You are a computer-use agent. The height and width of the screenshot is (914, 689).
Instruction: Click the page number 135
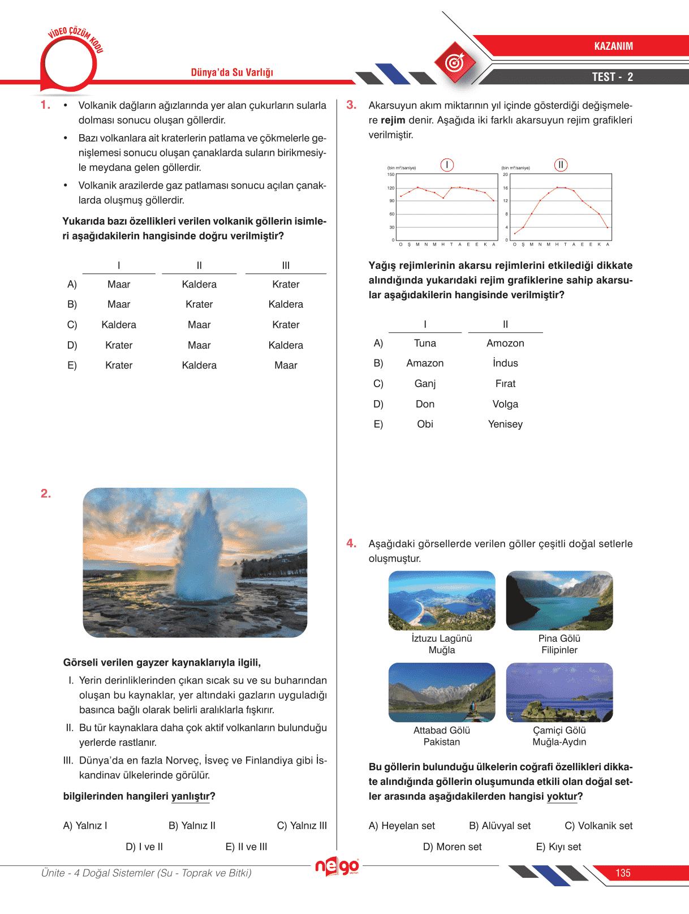point(623,873)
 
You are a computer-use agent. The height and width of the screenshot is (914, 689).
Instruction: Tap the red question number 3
point(351,105)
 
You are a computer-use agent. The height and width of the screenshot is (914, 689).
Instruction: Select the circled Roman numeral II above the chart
point(561,165)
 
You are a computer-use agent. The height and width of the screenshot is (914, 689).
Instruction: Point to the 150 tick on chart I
point(391,174)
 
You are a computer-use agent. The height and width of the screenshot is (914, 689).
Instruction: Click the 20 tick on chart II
point(505,174)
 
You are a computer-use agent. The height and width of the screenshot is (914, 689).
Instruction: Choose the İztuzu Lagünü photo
point(442,600)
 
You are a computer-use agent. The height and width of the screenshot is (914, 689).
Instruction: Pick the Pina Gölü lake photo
point(559,600)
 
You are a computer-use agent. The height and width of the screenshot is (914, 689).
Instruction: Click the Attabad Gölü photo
point(442,692)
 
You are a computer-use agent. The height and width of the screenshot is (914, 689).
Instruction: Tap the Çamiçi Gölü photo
point(559,692)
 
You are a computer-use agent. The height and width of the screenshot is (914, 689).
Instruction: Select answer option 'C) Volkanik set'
point(598,826)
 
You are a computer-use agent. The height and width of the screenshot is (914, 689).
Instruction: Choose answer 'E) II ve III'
point(246,847)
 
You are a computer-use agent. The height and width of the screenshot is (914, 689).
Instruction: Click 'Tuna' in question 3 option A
point(425,343)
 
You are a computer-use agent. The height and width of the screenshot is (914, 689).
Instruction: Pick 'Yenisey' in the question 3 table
point(505,424)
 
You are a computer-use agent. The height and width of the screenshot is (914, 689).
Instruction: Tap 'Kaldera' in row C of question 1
point(119,325)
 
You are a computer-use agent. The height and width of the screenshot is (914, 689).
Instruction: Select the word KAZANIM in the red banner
point(613,46)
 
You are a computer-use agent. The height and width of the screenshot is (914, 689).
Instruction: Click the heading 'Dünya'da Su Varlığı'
point(232,72)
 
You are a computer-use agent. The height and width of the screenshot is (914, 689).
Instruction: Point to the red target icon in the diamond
point(455,62)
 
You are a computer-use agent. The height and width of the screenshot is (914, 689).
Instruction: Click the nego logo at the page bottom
point(337,866)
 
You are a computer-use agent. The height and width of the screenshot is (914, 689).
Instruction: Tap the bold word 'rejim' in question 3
point(393,120)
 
